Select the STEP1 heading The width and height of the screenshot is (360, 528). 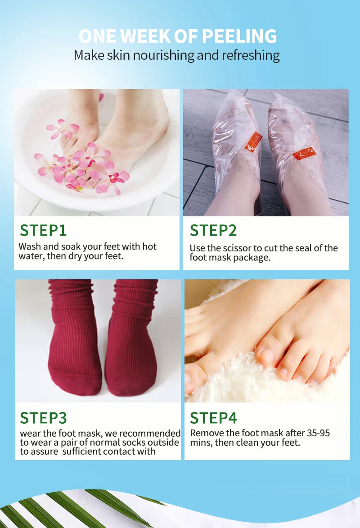pyautogui.click(x=43, y=230)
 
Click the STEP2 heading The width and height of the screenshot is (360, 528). pyautogui.click(x=213, y=230)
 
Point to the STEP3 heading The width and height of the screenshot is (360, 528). pyautogui.click(x=43, y=417)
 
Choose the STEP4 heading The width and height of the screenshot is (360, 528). pyautogui.click(x=213, y=417)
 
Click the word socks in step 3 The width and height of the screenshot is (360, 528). pyautogui.click(x=135, y=442)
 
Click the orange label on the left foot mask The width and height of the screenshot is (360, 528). pyautogui.click(x=253, y=142)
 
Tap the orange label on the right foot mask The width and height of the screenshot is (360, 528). pyautogui.click(x=304, y=153)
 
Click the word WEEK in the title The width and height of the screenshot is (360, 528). pyautogui.click(x=145, y=36)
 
